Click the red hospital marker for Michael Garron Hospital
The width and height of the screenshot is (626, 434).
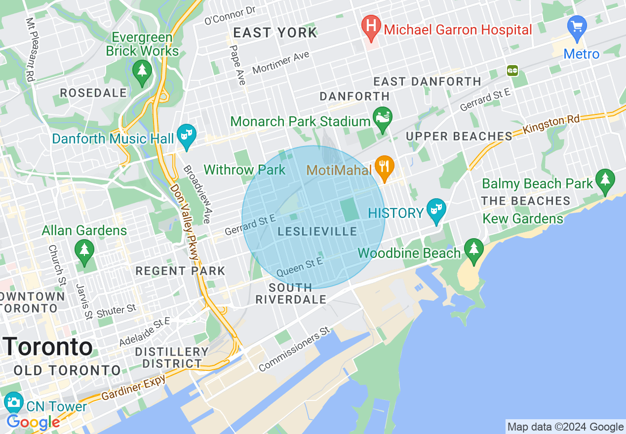pos(371,26)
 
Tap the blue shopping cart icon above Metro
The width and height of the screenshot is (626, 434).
pos(577,26)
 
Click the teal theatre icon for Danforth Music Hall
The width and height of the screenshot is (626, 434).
pos(187,135)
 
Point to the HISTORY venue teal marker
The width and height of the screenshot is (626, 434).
pos(436,210)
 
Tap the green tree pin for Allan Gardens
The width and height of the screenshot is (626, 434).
pos(84,250)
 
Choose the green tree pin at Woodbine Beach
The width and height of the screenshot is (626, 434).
pos(474,250)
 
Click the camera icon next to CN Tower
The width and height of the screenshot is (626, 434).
pos(13,402)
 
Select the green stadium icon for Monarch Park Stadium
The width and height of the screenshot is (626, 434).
pos(382,118)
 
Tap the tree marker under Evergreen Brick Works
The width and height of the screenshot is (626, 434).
pos(142,71)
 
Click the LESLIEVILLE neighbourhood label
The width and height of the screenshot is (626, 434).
pos(317,231)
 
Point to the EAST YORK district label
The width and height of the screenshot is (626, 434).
pos(275,33)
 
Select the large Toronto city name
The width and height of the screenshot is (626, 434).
pos(48,347)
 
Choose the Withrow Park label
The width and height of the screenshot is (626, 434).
pos(244,170)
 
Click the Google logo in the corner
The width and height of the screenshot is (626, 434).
pos(34,422)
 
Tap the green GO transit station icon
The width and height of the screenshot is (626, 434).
pos(512,71)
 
